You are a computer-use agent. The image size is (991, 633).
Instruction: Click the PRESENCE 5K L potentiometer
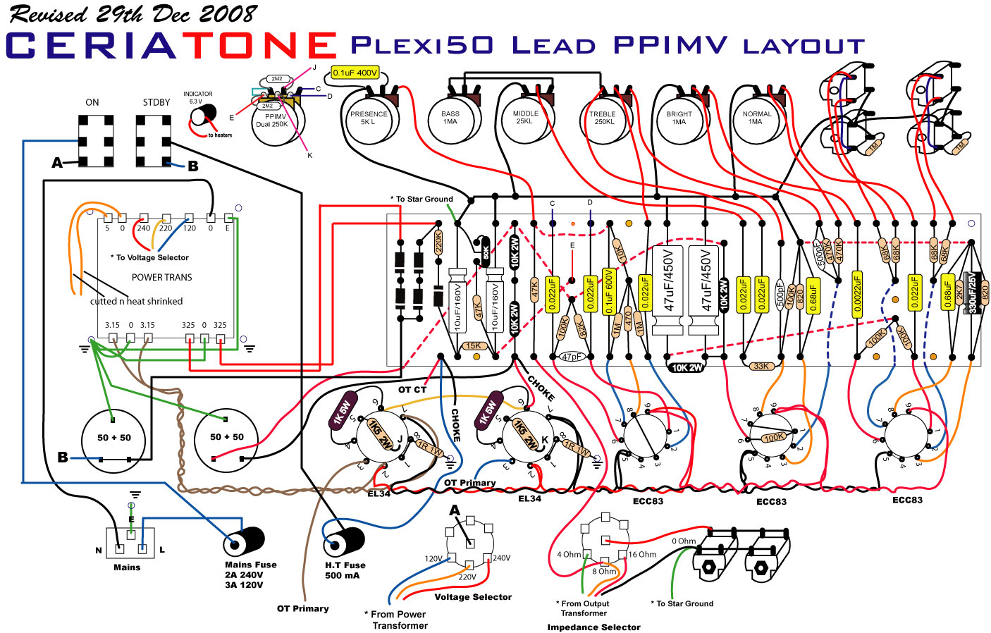(369, 118)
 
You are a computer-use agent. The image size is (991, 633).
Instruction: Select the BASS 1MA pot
(450, 118)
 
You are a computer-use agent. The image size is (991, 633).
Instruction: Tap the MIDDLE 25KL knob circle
(525, 118)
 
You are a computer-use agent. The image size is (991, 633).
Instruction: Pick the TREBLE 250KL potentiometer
(603, 118)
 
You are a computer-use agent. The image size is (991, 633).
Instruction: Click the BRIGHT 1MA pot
(679, 118)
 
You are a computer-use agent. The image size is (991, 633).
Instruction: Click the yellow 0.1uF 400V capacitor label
(355, 73)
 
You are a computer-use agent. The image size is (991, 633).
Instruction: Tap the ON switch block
(96, 141)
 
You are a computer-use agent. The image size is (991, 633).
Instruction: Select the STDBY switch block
(153, 141)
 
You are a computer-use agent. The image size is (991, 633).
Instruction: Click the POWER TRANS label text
(161, 277)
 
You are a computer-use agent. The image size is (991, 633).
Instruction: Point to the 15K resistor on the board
(474, 346)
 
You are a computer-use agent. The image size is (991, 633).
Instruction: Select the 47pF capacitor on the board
(572, 357)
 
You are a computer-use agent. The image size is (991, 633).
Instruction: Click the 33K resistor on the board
(761, 366)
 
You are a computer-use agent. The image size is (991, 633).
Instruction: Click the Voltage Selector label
(473, 597)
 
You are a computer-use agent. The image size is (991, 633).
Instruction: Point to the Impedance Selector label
(593, 627)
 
